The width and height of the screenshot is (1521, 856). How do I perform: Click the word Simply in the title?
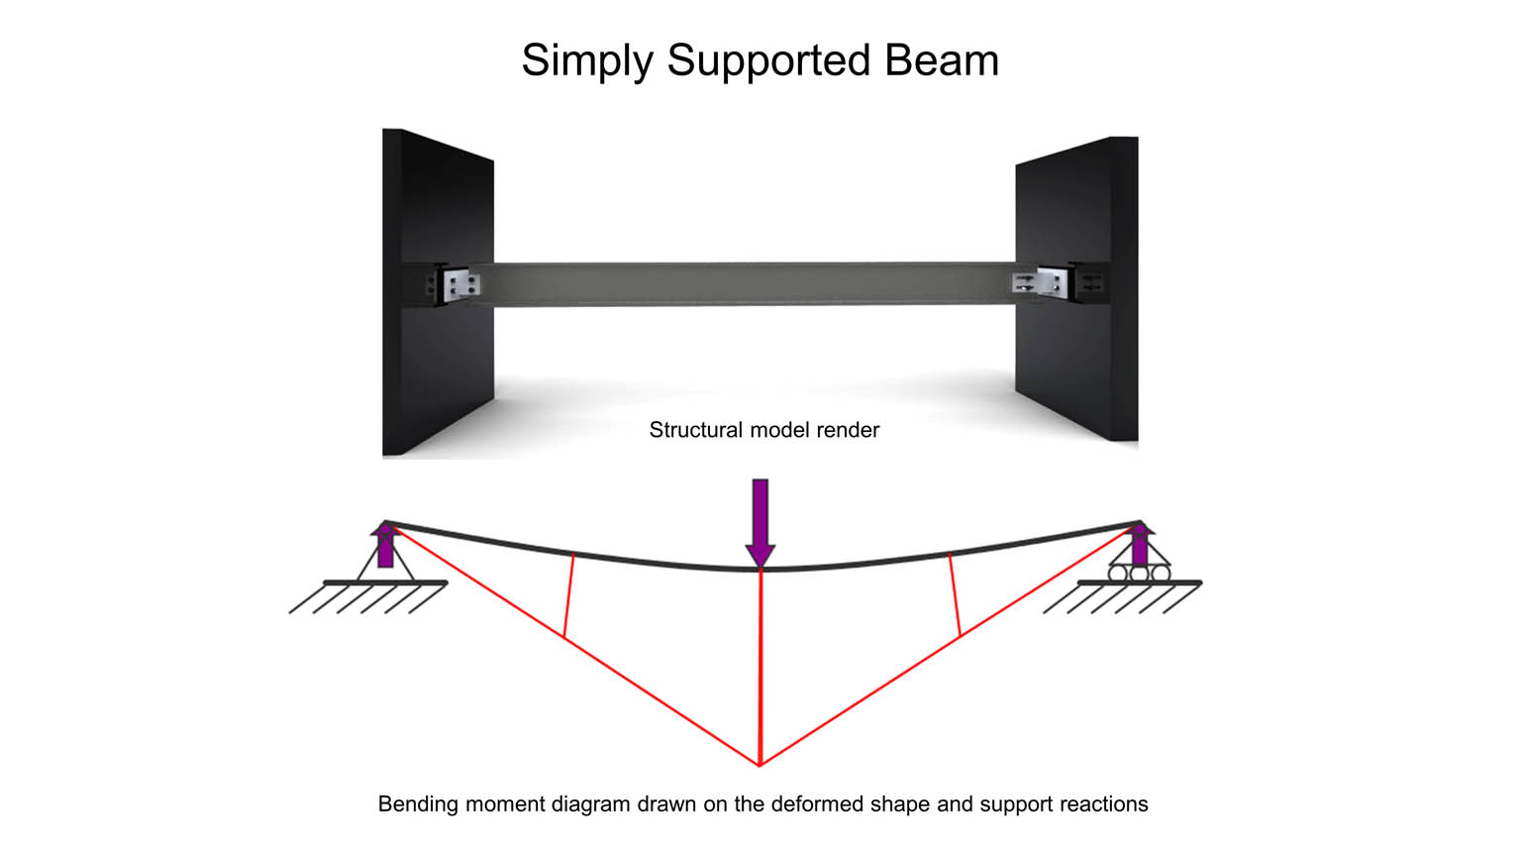(x=587, y=61)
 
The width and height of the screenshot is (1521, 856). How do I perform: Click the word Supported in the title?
(x=768, y=61)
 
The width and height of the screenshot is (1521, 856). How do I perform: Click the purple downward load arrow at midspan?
(x=760, y=522)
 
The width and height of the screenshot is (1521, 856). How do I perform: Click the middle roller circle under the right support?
(x=1140, y=574)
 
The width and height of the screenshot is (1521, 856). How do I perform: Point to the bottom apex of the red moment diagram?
(x=760, y=766)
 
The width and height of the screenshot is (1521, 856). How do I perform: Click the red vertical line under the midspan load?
(x=760, y=667)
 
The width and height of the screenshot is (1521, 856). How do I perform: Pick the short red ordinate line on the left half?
(x=569, y=595)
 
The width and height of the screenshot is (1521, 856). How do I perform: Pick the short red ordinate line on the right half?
(x=955, y=595)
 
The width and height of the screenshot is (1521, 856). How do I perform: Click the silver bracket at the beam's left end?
(x=461, y=285)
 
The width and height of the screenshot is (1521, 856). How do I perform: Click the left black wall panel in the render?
(x=438, y=292)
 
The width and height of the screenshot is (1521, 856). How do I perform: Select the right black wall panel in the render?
(x=1077, y=288)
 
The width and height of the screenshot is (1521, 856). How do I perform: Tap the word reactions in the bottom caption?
(x=1104, y=804)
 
